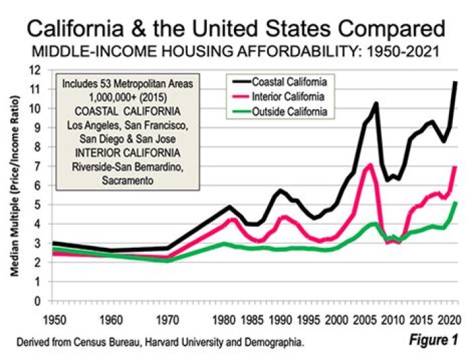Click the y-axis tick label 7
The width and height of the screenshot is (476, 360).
[x=37, y=166]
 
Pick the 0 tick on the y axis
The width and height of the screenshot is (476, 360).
[x=37, y=301]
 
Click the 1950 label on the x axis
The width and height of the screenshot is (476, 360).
[x=55, y=320]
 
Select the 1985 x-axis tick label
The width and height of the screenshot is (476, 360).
[x=251, y=320]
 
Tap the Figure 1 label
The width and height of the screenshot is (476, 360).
[x=433, y=340]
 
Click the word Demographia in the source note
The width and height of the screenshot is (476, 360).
[x=273, y=343]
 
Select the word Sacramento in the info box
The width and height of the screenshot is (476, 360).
[x=128, y=180]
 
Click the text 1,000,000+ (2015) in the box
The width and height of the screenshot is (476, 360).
[x=128, y=98]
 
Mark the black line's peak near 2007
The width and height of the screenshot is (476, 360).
[x=376, y=103]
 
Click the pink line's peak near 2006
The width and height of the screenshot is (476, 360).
[x=370, y=165]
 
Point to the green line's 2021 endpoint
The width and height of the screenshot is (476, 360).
[x=456, y=203]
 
